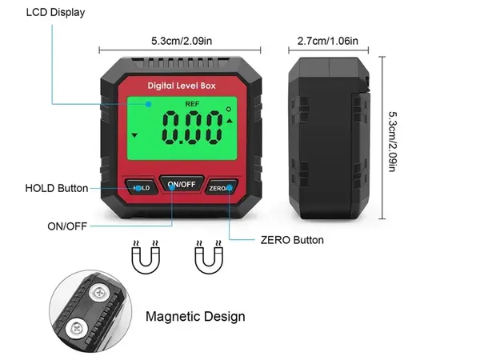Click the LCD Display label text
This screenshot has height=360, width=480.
tap(55, 13)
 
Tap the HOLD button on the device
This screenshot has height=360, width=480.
tap(142, 187)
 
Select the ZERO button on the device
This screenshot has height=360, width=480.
tap(222, 187)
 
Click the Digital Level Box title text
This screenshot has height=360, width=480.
tap(182, 86)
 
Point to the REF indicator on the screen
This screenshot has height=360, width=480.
tap(192, 104)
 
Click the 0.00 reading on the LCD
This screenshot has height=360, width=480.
tap(192, 128)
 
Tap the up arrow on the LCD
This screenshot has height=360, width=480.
tap(230, 121)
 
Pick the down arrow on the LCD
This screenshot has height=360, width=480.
tap(134, 135)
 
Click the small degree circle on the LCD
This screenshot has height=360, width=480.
tap(229, 109)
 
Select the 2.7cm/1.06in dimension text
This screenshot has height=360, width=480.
tap(327, 41)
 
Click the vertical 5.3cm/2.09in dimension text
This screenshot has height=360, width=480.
tap(393, 142)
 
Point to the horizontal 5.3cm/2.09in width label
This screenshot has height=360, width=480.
tap(182, 41)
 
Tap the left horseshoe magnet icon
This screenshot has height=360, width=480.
tap(146, 257)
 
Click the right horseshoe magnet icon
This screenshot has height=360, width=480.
tap(209, 257)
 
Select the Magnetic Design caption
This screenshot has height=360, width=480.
tap(195, 317)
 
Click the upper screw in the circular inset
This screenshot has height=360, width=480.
tap(99, 294)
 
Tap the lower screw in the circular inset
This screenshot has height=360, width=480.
tap(76, 329)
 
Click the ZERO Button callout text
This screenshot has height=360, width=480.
tap(292, 240)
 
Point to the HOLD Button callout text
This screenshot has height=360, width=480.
tap(57, 188)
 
